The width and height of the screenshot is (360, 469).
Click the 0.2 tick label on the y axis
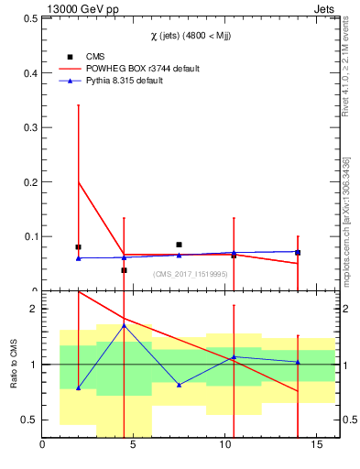point(28,182)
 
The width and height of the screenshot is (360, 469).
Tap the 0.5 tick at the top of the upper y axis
point(28,19)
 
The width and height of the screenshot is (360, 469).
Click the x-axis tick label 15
point(317,446)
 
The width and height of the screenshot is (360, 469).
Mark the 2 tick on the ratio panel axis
point(32,309)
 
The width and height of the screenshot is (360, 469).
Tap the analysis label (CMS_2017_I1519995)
point(191,274)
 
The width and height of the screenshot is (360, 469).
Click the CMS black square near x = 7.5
point(179,245)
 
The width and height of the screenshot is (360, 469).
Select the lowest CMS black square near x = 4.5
point(124,270)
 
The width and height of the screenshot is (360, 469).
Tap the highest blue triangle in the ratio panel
point(124,325)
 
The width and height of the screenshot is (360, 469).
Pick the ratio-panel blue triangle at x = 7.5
point(179,385)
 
